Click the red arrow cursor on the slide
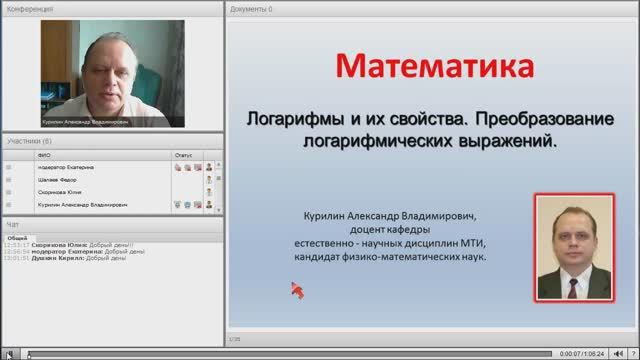point(297,290)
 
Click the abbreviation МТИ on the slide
point(464,242)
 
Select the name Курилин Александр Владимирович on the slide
point(385,214)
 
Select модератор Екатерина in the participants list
point(66,168)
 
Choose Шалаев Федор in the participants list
point(56,180)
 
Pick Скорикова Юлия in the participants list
point(58,192)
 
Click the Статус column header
point(183,156)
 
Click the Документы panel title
point(250,8)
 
